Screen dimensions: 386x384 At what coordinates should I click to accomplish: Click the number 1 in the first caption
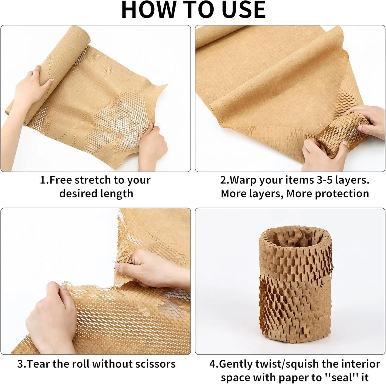point(43,180)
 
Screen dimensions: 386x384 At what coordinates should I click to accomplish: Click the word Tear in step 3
point(37,364)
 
